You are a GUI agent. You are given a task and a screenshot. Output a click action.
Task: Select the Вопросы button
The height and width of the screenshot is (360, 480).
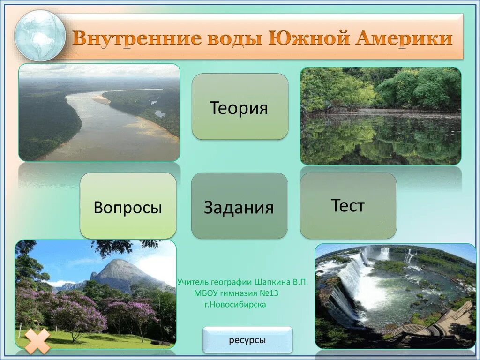[128, 206]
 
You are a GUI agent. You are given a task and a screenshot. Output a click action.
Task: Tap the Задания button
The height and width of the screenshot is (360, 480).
[239, 206]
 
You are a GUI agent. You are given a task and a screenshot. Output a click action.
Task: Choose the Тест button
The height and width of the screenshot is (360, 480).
[348, 205]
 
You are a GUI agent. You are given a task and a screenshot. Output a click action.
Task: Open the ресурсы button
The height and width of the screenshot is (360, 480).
[247, 339]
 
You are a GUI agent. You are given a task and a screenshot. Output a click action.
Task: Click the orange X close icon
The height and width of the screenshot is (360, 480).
[37, 341]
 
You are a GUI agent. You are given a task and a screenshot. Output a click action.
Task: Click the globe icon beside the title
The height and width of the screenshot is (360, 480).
[40, 36]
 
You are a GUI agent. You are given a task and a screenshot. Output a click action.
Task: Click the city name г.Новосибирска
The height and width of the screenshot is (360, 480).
[235, 304]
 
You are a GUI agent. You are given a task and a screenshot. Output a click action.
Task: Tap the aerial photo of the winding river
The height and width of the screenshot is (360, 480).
[99, 113]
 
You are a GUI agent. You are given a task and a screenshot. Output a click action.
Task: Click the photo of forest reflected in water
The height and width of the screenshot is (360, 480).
[380, 116]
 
